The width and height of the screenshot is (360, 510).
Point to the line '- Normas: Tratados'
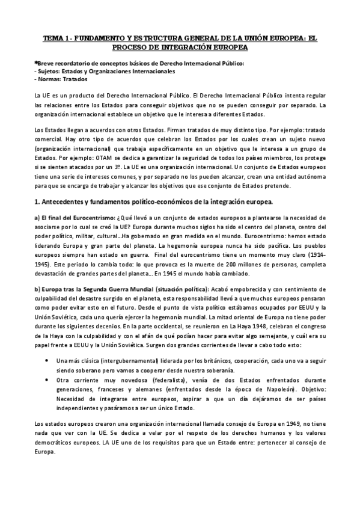click(61, 79)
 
